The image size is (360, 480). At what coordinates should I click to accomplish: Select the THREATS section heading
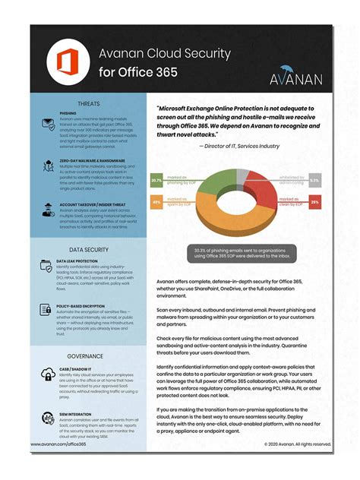[89, 104]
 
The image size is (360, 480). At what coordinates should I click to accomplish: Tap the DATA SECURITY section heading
[88, 249]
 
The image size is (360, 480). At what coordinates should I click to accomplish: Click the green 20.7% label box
[156, 181]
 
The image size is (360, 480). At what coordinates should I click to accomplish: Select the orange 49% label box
[156, 203]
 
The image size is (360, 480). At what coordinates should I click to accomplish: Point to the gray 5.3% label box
[314, 181]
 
